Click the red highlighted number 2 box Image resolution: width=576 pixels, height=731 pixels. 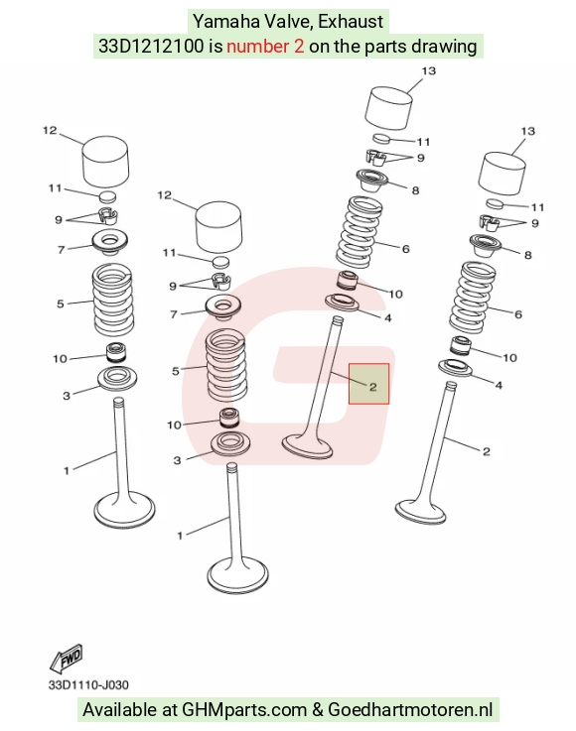click(368, 384)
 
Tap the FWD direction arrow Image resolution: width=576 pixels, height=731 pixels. click(67, 658)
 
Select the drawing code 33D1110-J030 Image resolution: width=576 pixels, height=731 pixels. click(88, 684)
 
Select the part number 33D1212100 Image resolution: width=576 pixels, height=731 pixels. click(151, 47)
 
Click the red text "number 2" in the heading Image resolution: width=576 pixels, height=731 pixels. click(265, 47)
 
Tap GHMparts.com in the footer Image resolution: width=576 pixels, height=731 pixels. click(244, 710)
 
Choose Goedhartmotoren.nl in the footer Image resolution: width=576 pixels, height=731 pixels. click(410, 710)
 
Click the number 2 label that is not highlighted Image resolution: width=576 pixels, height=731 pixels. click(487, 451)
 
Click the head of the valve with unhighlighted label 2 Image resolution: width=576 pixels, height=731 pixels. click(420, 512)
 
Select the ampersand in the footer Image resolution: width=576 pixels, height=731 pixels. click(318, 710)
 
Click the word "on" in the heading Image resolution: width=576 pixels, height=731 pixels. click(319, 48)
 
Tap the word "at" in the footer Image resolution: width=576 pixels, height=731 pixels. click(170, 710)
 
